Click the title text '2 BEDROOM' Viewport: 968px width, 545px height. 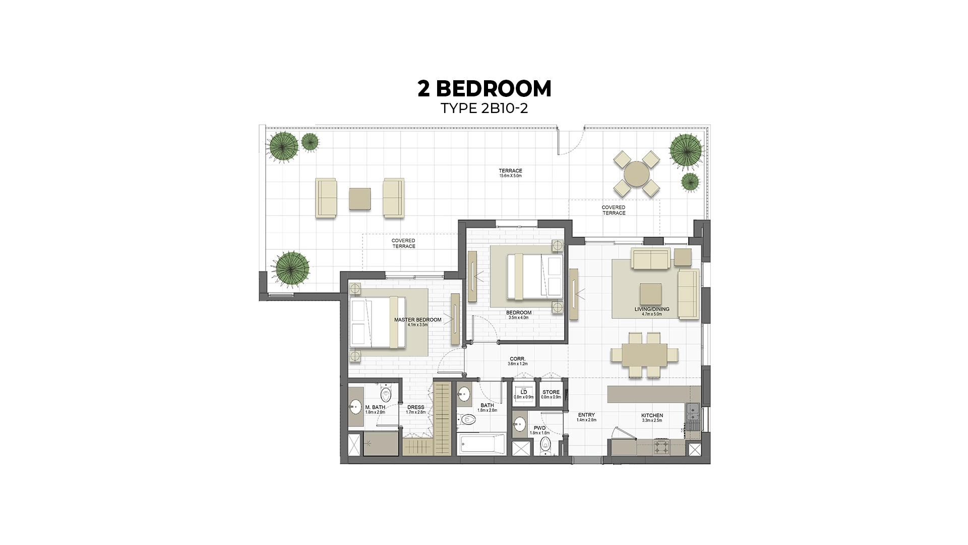(x=484, y=89)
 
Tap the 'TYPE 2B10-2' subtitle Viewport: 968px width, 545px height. (x=484, y=108)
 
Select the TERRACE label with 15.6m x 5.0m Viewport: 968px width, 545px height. (x=510, y=173)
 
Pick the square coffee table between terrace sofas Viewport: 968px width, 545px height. (x=360, y=198)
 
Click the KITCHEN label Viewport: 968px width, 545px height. (x=652, y=417)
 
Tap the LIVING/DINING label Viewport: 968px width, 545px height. (x=651, y=311)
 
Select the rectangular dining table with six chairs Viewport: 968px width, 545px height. (x=644, y=355)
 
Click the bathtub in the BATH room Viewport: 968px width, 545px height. (x=481, y=445)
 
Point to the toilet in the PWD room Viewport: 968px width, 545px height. (x=545, y=446)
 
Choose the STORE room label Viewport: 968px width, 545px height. (x=551, y=394)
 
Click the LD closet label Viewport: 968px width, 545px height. (x=523, y=394)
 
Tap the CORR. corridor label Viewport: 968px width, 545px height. (x=517, y=361)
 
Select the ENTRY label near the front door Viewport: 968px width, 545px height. (x=586, y=417)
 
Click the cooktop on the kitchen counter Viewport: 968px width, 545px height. (x=661, y=447)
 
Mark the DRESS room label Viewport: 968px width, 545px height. (x=415, y=409)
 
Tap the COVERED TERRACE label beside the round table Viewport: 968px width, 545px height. (x=613, y=210)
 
